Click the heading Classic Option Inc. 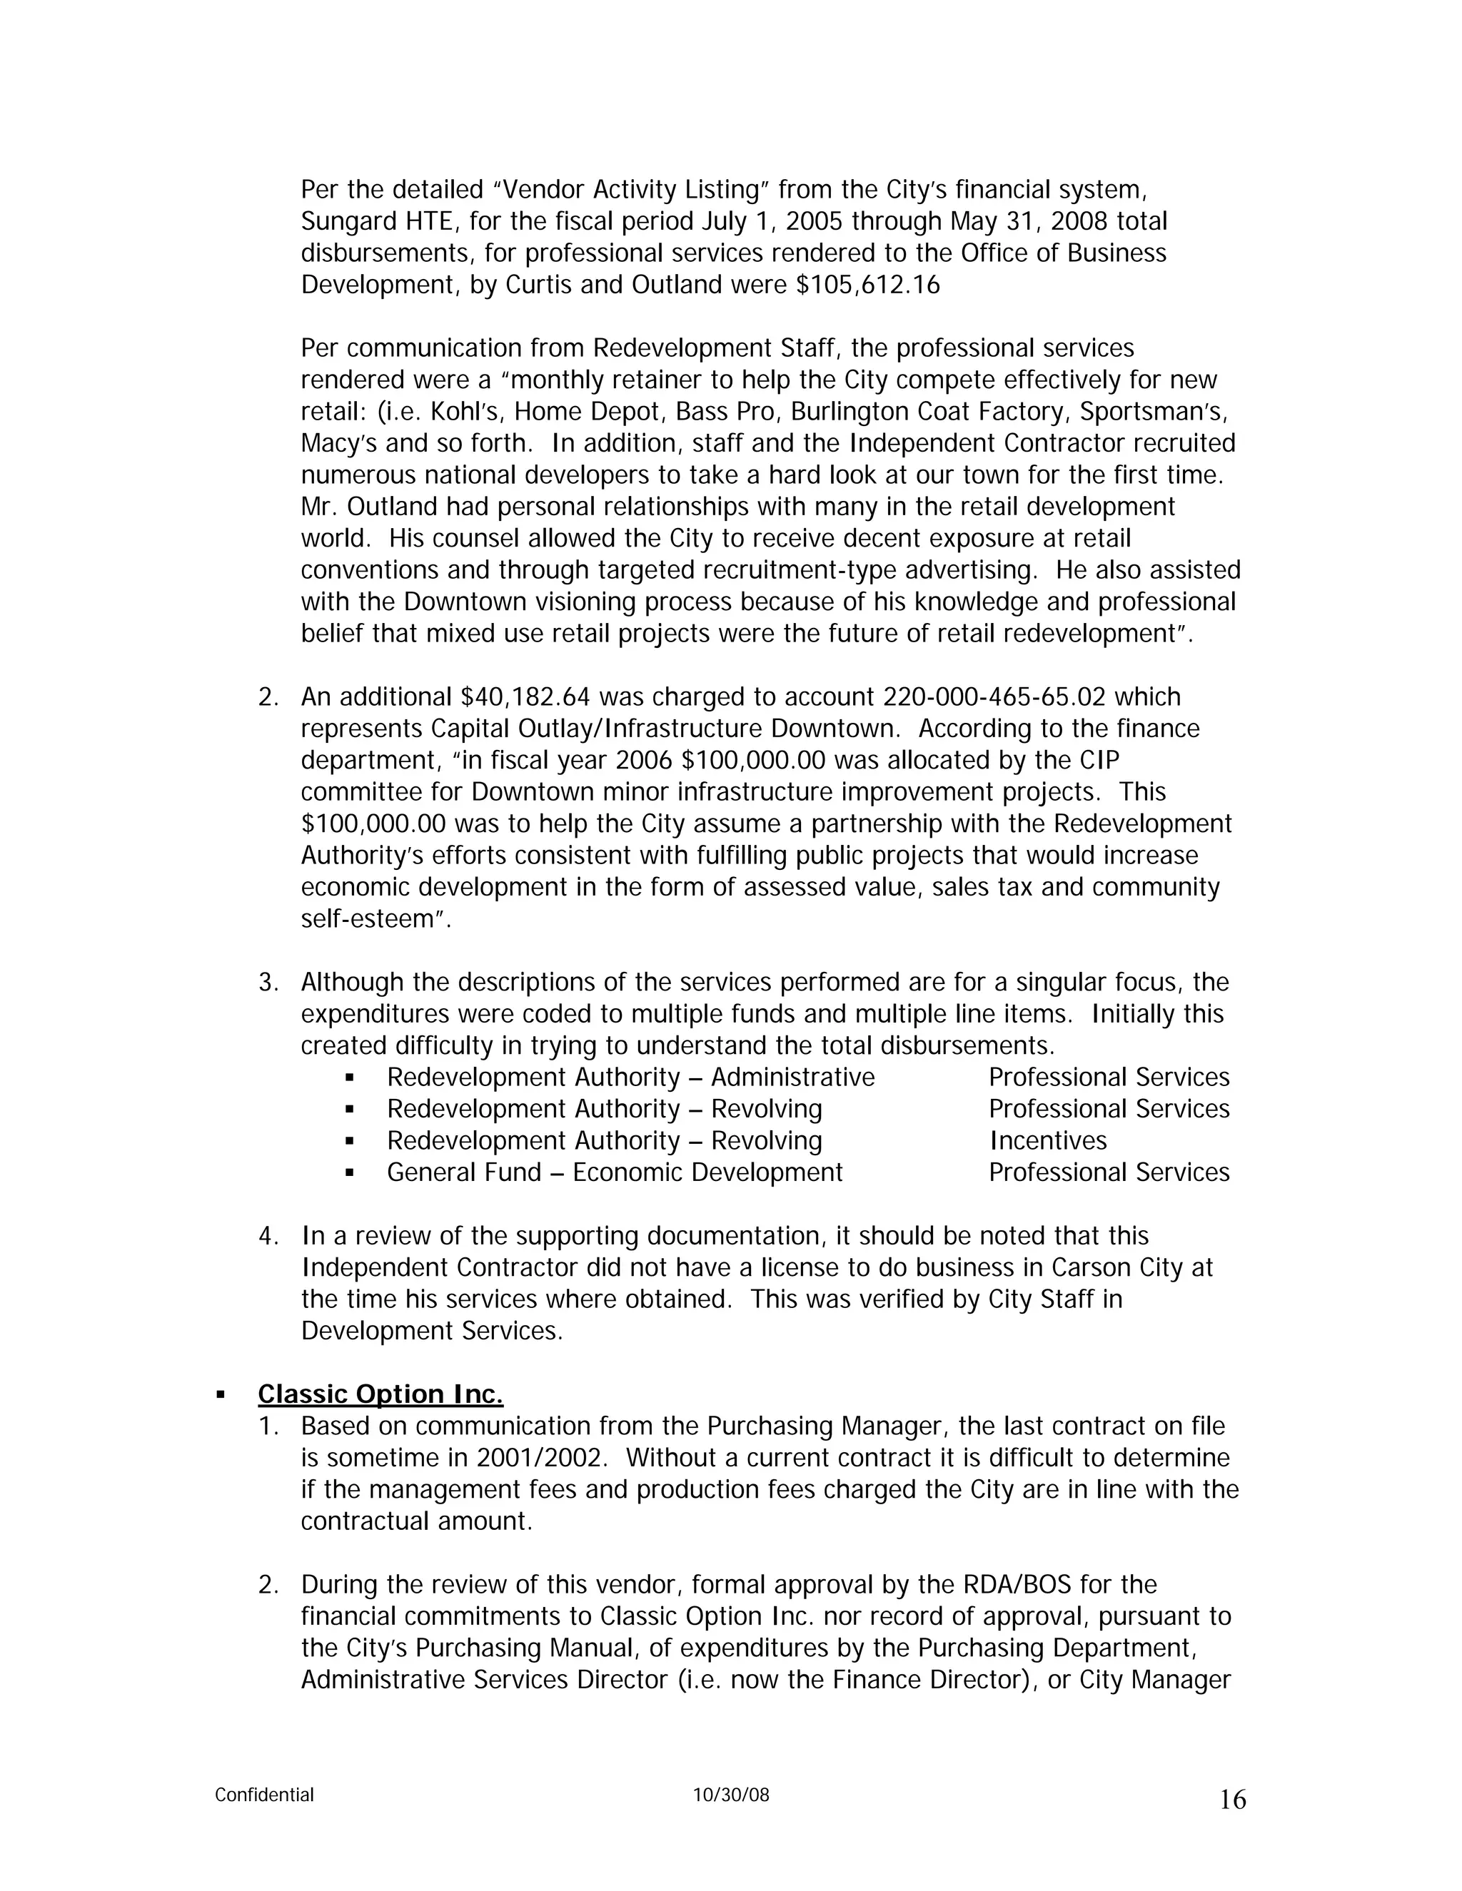[x=380, y=1395]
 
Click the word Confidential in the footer [x=264, y=1795]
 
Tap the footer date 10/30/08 [x=731, y=1795]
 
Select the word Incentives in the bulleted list [x=1048, y=1141]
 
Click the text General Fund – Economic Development [x=614, y=1172]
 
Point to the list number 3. [x=268, y=983]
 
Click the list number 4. [x=268, y=1237]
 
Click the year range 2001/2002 [x=539, y=1458]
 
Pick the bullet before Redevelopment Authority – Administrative [x=350, y=1078]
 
